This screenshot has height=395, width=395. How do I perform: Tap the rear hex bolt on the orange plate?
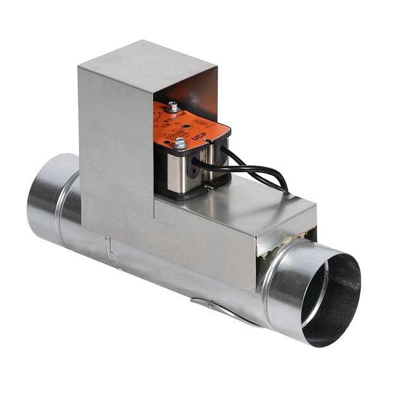pyautogui.click(x=172, y=108)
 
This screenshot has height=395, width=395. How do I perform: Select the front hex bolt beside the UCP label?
pyautogui.click(x=181, y=144)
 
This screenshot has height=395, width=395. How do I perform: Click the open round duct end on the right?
pyautogui.click(x=329, y=298)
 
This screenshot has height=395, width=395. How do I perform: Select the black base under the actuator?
pyautogui.click(x=190, y=194)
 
